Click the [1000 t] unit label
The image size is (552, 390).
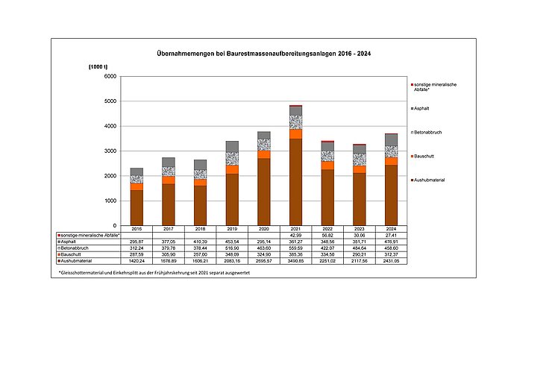pos(99,68)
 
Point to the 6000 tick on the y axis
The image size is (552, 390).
pos(110,76)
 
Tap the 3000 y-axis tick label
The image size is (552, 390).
pos(110,151)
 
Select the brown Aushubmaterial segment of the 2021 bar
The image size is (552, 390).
pos(296,181)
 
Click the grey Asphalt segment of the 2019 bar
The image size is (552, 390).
pos(232,146)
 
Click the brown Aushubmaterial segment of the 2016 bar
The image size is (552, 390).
pos(136,207)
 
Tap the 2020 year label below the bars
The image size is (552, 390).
pos(264,229)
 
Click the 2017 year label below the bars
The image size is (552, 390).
pos(168,229)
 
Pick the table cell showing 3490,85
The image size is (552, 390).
pos(296,260)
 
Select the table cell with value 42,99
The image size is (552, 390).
pos(296,236)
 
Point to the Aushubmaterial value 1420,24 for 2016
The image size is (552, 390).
pos(136,260)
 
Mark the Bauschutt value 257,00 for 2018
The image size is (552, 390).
pos(200,254)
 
